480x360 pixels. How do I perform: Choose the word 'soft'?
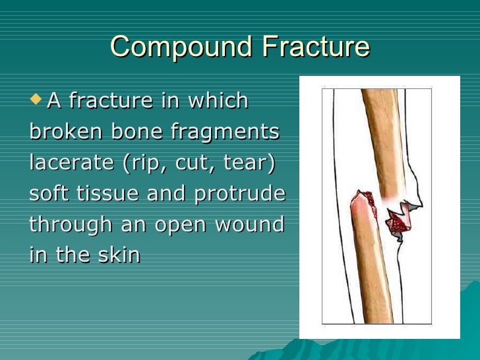coord(50,193)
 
